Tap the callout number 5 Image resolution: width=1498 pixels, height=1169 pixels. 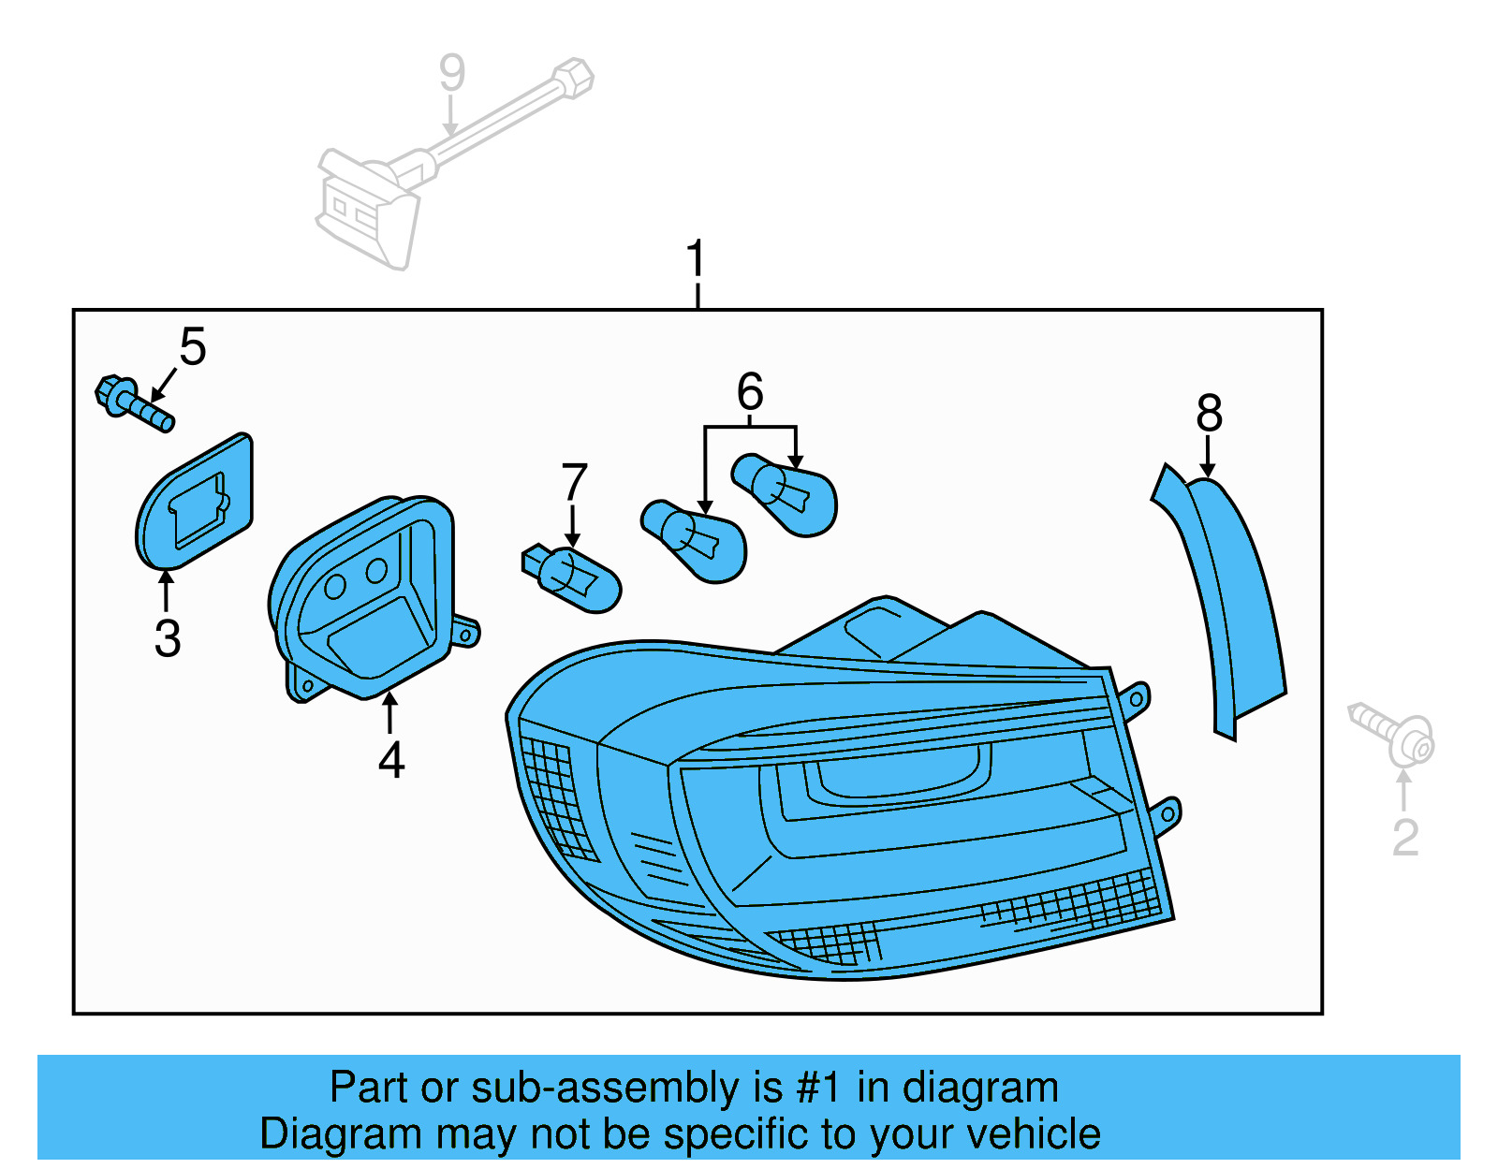192,347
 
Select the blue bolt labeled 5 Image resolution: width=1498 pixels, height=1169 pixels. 134,402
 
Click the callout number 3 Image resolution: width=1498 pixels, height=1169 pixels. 168,638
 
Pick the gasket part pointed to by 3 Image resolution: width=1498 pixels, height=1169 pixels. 195,504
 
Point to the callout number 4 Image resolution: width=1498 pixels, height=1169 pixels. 391,759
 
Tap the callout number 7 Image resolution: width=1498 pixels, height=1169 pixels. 574,482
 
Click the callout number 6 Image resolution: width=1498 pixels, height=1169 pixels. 750,391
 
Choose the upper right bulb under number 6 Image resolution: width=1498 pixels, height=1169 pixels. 786,493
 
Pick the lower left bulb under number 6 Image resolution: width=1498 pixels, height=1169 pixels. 695,540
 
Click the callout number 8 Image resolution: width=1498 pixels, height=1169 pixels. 1209,413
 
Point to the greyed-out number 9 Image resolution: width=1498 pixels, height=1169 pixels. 452,73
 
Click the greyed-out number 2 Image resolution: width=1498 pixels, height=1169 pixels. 1404,837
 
